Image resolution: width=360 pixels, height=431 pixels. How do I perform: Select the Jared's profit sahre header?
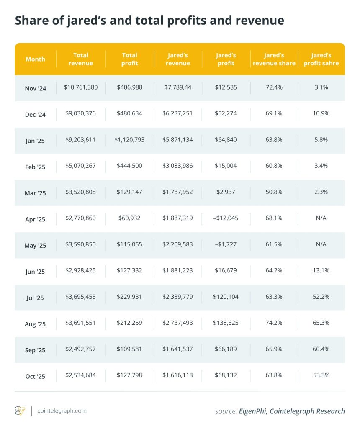[321, 59]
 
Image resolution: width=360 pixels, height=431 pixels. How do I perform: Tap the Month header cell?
[35, 59]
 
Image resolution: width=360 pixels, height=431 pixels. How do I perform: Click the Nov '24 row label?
[35, 88]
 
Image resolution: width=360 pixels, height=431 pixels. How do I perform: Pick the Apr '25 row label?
[35, 219]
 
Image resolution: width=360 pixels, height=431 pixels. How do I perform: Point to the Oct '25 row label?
[35, 376]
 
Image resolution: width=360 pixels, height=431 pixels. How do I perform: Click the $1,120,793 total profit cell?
[129, 139]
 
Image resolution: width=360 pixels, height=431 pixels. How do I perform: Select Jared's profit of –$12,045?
[226, 218]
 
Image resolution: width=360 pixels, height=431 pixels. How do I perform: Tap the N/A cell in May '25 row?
[321, 244]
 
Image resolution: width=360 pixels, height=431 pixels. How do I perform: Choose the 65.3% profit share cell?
[321, 323]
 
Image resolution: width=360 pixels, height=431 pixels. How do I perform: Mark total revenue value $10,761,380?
[81, 87]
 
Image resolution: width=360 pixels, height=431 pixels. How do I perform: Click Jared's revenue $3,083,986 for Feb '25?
[177, 166]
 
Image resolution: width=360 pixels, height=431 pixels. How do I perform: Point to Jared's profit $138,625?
[226, 323]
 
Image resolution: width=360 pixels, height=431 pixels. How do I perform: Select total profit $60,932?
[129, 218]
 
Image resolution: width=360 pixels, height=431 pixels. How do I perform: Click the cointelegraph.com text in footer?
[62, 410]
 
